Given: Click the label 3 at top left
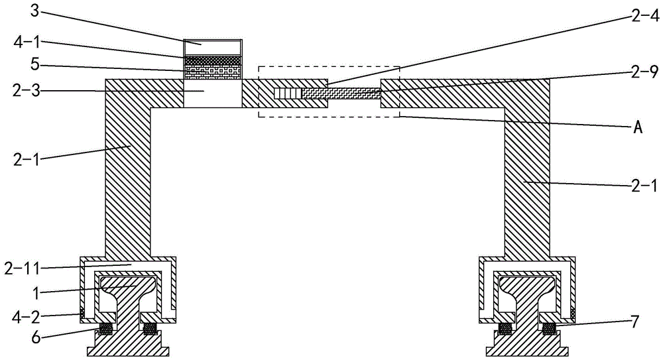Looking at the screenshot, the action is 34,11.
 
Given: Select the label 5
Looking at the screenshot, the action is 34,64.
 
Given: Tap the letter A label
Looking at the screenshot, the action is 637,127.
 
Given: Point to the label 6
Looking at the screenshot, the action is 36,338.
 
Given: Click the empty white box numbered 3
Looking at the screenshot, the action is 213,48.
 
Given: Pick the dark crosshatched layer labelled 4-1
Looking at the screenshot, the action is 213,60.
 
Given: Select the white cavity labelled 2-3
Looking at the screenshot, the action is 213,93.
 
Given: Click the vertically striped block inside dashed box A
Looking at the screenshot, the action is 288,93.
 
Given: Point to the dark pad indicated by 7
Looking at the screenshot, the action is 548,328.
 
